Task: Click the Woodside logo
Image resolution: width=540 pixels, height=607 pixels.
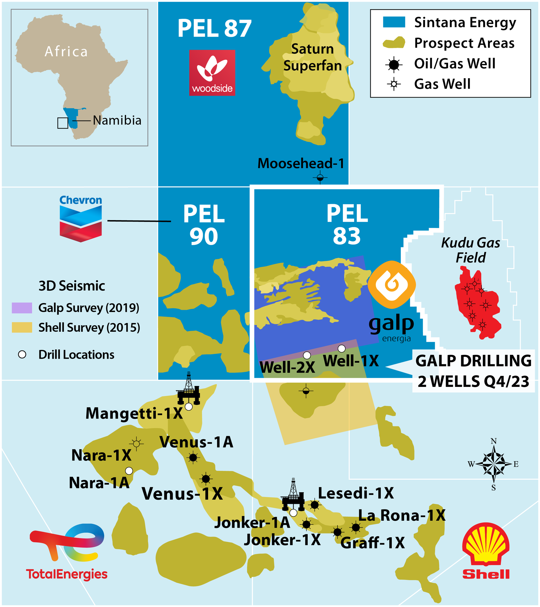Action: (212, 73)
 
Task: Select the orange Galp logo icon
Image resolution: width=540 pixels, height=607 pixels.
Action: (391, 285)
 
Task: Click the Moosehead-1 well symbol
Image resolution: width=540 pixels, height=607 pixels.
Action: (320, 178)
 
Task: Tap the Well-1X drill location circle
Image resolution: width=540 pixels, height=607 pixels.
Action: (342, 348)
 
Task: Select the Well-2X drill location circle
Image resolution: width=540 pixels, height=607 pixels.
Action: (307, 355)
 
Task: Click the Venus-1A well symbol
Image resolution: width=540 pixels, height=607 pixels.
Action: (193, 458)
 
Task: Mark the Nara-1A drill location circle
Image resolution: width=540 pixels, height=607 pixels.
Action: (129, 471)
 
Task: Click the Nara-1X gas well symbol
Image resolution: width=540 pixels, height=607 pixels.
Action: (136, 444)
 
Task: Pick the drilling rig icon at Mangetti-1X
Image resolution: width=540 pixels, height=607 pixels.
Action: (188, 389)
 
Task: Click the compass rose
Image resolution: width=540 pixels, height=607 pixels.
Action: (493, 464)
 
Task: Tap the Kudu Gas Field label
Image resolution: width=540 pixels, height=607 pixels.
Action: (471, 250)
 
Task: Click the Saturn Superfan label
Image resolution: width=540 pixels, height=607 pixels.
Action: (312, 57)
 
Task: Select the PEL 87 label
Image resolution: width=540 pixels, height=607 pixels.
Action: (215, 28)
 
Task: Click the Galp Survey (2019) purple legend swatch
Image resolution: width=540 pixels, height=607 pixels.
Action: (22, 308)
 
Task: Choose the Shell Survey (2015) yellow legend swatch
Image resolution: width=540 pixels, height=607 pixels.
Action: (22, 327)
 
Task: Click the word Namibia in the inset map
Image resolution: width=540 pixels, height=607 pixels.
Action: (117, 120)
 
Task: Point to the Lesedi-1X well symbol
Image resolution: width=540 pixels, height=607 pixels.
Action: (314, 505)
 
